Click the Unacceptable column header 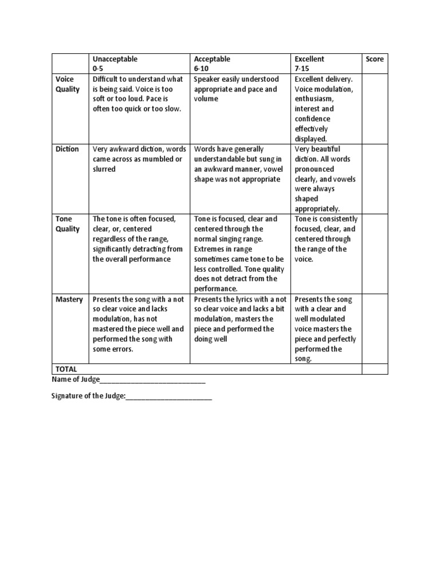coord(115,59)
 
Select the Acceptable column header coord(212,59)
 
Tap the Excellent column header coord(309,59)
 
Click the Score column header coord(375,59)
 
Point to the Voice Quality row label coord(68,84)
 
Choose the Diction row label coord(68,149)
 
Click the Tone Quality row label coord(68,224)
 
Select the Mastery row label coord(69,299)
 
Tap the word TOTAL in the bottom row coord(66,369)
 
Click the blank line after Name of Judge coord(152,380)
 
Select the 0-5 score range coord(99,69)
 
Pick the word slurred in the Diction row coord(104,169)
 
